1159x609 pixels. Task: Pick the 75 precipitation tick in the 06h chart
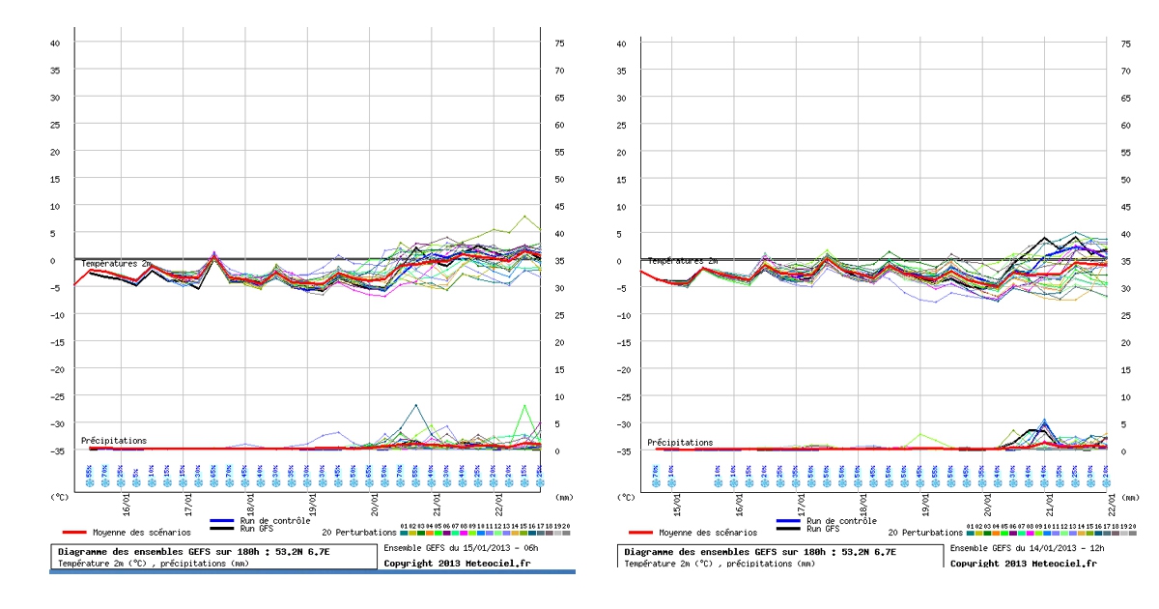(x=558, y=43)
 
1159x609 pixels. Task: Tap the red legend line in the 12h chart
(x=640, y=532)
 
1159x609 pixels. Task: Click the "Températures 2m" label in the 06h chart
(x=115, y=264)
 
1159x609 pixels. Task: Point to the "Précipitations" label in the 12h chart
(x=680, y=443)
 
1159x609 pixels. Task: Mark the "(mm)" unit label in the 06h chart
(x=563, y=497)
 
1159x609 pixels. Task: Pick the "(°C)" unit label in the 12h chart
(x=627, y=497)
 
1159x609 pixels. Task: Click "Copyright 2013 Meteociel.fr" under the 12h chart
(x=1024, y=563)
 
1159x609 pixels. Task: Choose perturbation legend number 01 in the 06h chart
(x=404, y=526)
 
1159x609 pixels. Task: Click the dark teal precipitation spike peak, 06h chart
(x=416, y=405)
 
